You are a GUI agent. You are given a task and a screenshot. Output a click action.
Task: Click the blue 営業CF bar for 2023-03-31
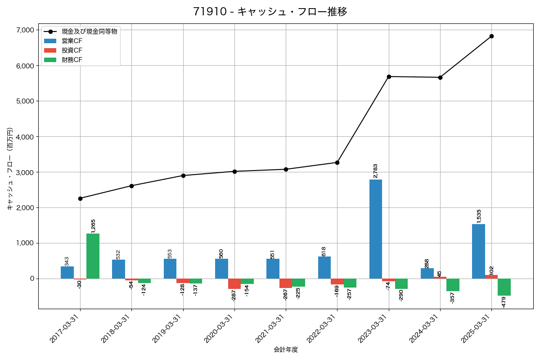376,229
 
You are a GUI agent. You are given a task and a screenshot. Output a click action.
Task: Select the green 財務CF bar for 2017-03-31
93,256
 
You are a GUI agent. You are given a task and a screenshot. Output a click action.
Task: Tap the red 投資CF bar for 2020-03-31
234,283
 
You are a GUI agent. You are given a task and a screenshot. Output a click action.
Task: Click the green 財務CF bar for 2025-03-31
504,287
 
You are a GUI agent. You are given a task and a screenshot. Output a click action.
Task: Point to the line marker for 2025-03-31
491,36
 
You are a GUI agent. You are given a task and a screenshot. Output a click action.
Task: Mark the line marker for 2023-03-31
389,76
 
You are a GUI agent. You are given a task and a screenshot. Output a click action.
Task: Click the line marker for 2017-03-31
80,198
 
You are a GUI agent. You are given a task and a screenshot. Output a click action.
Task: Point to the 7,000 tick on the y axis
25,30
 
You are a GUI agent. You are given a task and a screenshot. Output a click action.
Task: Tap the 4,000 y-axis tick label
25,137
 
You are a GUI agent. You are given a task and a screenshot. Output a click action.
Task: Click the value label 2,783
376,171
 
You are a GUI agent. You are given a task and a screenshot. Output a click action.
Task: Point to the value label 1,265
93,226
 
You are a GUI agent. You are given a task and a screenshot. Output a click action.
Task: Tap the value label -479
504,302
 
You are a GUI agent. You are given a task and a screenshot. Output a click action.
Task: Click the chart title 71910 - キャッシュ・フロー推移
270,12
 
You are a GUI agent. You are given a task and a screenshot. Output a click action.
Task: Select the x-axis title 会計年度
286,350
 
